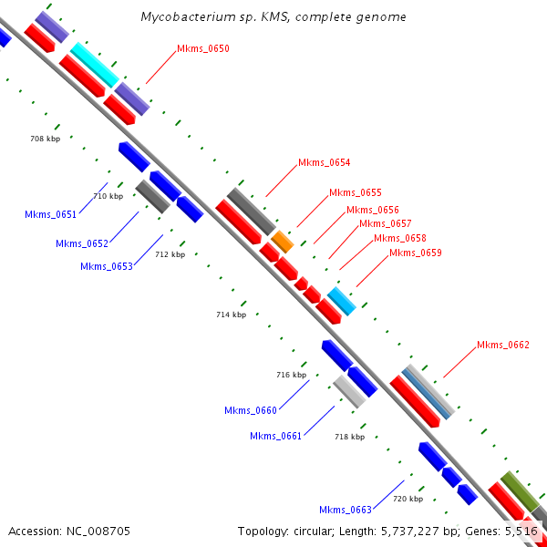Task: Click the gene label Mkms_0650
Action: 203,48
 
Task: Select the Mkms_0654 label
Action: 324,163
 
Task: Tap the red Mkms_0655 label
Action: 355,193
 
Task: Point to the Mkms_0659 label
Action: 415,253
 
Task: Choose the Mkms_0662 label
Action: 502,345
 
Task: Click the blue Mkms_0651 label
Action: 51,215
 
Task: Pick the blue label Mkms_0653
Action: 106,267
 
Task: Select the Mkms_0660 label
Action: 250,411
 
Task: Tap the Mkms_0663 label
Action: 345,510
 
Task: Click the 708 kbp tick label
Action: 45,139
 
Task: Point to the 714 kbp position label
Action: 231,315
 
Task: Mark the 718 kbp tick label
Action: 349,437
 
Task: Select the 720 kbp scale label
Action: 408,499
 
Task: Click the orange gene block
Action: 282,242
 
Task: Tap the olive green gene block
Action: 518,489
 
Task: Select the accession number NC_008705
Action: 98,531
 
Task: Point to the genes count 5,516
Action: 522,531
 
